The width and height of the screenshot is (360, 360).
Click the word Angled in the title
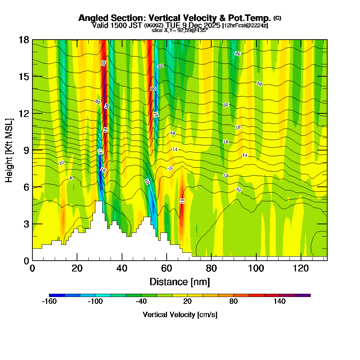[x=92, y=18]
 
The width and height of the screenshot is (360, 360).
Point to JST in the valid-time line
[x=136, y=25]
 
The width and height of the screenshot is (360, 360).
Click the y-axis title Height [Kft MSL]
[x=9, y=150]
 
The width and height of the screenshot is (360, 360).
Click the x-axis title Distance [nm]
[x=180, y=282]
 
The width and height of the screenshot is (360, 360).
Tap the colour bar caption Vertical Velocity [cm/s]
[x=180, y=315]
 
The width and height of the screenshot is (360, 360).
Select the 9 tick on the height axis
[x=26, y=150]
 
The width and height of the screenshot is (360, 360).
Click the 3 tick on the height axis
[x=26, y=224]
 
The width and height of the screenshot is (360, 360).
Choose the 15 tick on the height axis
[x=23, y=76]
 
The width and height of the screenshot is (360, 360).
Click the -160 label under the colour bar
[x=49, y=302]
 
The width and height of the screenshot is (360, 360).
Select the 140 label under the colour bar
[x=279, y=302]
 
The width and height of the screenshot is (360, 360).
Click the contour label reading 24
[x=238, y=54]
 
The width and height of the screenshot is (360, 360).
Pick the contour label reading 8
[x=71, y=178]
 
